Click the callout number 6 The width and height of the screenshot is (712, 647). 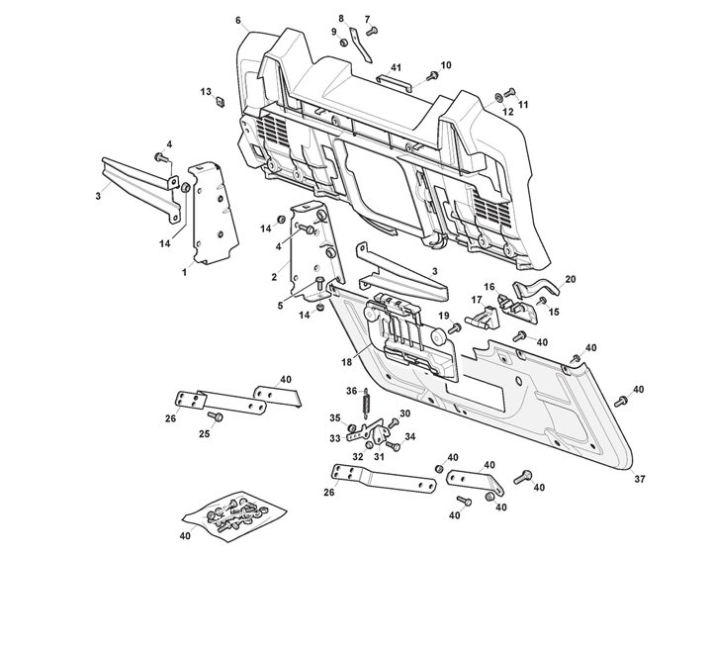237,21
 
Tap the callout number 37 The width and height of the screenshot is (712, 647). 639,479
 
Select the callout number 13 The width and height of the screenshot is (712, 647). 206,92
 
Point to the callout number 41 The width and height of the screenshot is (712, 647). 395,66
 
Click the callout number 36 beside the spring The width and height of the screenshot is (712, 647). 351,391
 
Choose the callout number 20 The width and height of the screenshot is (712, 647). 570,279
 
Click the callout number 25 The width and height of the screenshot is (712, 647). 205,433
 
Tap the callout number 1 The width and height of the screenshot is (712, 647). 184,271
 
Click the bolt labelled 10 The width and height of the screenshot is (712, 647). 432,75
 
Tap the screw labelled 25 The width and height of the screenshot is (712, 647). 219,416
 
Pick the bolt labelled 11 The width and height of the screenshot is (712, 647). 508,94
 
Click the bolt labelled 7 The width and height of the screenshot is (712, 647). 371,31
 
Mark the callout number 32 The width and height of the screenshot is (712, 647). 357,457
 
